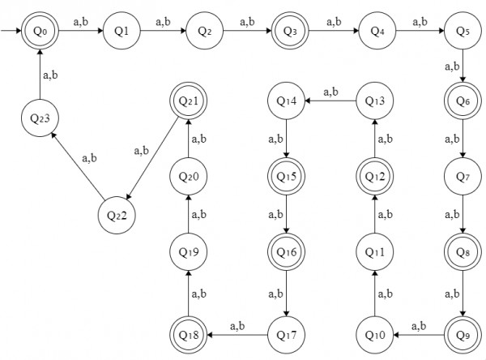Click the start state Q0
41,32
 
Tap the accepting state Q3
289,32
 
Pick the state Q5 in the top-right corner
461,32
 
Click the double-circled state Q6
461,101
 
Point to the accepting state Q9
461,333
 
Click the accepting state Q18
187,333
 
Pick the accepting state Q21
187,101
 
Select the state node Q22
116,216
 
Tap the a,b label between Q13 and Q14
331,92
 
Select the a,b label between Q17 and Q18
238,325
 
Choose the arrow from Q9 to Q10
418,333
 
